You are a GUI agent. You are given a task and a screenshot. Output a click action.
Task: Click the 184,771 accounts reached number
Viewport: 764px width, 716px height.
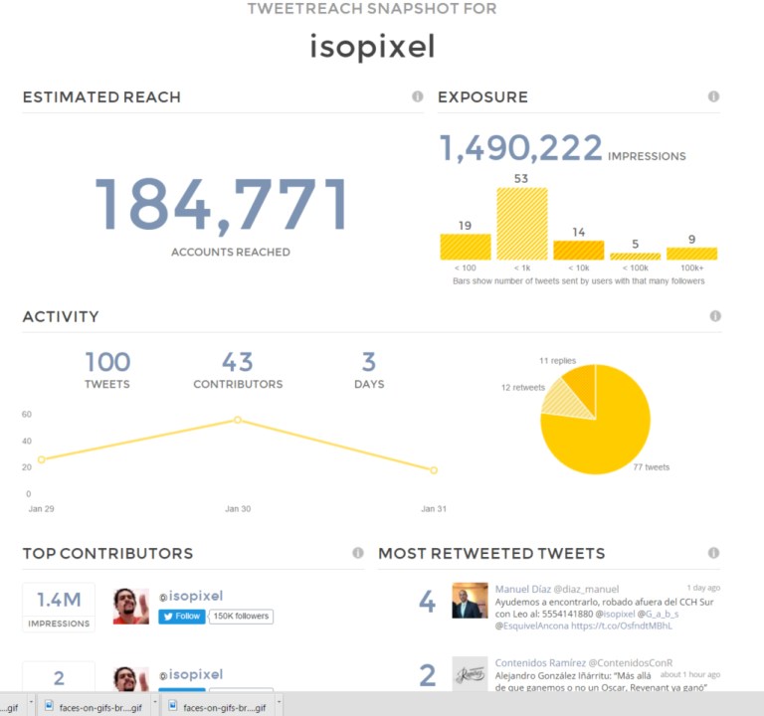click(221, 204)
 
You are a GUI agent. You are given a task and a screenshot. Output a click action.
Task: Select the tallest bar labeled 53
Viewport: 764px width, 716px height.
click(522, 224)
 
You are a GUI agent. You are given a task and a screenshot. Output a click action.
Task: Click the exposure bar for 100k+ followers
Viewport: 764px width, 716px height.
click(691, 254)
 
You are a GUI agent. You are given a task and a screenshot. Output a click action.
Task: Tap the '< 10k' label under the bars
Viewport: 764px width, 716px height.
click(579, 268)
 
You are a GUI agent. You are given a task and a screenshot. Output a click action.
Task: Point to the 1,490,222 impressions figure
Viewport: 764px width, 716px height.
click(521, 149)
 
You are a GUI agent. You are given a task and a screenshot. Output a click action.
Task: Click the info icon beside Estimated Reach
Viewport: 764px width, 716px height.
click(418, 96)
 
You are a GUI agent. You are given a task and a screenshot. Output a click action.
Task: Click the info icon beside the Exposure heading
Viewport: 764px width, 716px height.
click(713, 96)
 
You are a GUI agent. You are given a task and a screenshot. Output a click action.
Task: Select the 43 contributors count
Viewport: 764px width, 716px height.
click(238, 362)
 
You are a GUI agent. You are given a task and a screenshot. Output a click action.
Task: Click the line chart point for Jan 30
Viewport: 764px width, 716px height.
click(238, 420)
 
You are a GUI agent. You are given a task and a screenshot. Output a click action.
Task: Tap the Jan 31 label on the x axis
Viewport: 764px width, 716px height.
click(435, 509)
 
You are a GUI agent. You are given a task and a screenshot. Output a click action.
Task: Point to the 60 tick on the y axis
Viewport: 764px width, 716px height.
click(27, 415)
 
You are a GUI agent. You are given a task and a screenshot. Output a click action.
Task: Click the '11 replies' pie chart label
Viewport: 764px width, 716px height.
click(557, 360)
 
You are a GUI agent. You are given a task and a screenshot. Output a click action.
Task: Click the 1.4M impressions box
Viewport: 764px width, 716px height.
click(59, 607)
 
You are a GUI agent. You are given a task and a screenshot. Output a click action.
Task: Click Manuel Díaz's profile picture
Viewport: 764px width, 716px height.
click(470, 601)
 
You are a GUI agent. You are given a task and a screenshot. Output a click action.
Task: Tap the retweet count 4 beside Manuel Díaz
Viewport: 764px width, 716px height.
click(427, 602)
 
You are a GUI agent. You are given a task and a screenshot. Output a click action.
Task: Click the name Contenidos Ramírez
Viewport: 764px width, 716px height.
click(538, 662)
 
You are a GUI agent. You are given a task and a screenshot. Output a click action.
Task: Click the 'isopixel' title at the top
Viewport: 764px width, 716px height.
click(372, 46)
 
